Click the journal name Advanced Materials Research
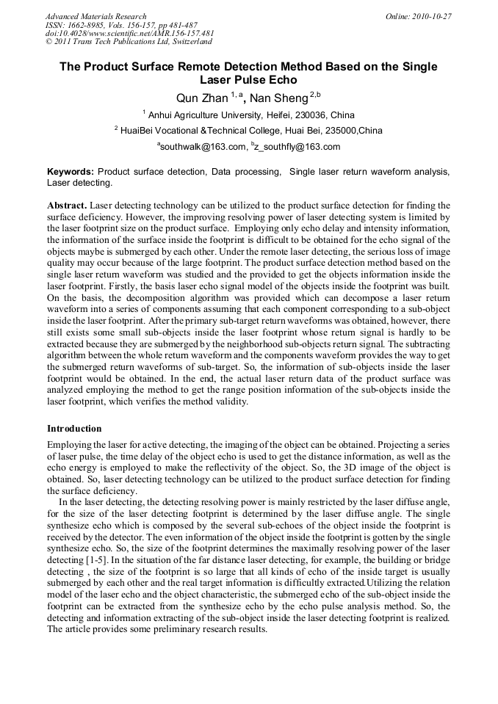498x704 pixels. point(95,16)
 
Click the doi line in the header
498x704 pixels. point(129,34)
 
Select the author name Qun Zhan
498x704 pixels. point(201,97)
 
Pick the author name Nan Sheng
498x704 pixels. point(281,97)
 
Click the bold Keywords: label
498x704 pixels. point(71,171)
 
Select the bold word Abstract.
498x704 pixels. point(68,206)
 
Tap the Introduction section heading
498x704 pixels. point(74,428)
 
